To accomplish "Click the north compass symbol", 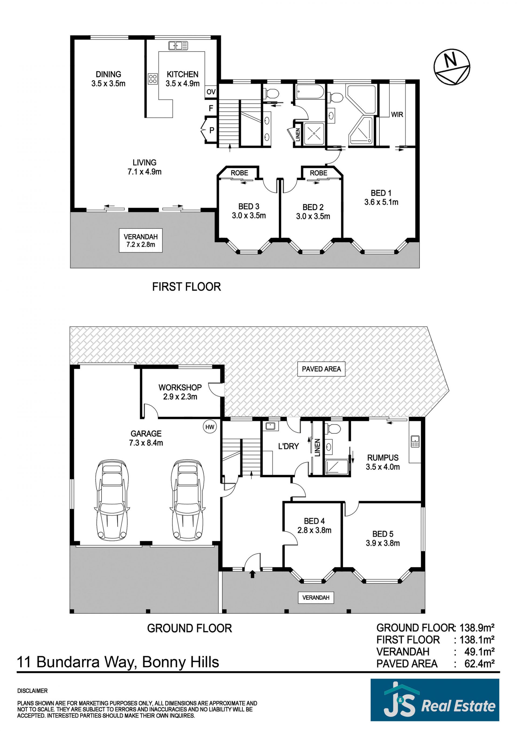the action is click(452, 67).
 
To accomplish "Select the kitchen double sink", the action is click(178, 45).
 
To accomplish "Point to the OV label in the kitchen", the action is click(211, 92).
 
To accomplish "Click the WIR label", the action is click(397, 114).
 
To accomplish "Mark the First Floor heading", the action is click(186, 287).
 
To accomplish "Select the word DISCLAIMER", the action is click(33, 691).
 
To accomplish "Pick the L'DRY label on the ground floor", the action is click(288, 446).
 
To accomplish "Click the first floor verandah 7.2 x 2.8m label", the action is click(141, 240).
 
